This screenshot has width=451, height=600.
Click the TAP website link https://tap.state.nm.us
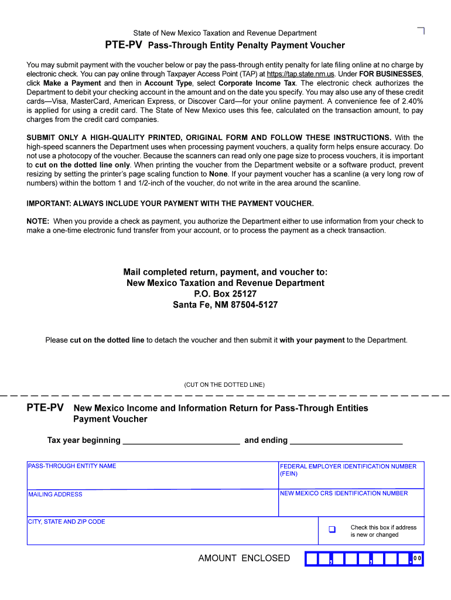(x=300, y=74)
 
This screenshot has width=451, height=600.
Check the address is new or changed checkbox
(x=332, y=530)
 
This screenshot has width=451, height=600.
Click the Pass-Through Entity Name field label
(x=72, y=466)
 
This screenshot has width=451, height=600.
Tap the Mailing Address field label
(x=56, y=495)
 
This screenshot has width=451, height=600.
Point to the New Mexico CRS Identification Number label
(x=344, y=493)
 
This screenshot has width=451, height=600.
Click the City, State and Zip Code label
(x=67, y=521)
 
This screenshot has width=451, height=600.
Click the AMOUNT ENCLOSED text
(x=244, y=558)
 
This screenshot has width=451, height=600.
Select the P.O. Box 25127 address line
(x=225, y=294)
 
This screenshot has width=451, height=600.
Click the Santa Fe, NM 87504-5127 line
(x=225, y=305)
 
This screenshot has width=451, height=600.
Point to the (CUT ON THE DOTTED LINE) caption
(x=224, y=385)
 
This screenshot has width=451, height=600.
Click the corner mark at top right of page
(x=421, y=30)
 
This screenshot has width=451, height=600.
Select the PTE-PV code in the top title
(x=124, y=45)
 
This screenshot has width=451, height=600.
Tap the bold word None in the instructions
(x=218, y=174)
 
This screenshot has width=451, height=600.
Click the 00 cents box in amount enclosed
(x=418, y=559)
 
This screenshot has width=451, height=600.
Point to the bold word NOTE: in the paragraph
(x=38, y=221)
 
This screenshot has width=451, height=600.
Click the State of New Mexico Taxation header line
(x=225, y=33)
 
